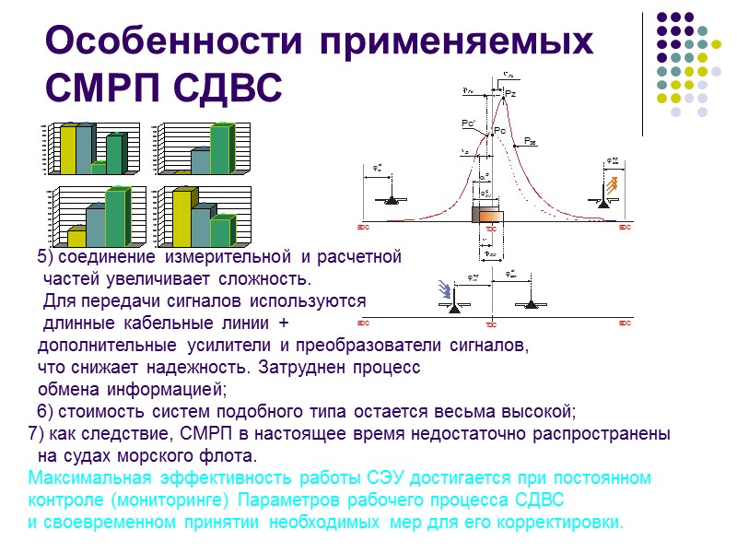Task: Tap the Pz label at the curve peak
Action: [x=510, y=94]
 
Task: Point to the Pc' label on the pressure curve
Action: [x=468, y=123]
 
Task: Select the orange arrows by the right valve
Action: [x=610, y=191]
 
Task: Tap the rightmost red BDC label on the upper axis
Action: [x=625, y=227]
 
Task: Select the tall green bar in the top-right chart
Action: [x=220, y=149]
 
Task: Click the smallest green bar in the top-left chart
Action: [x=99, y=168]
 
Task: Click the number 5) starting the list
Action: [x=46, y=255]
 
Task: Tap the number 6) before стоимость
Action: [x=46, y=411]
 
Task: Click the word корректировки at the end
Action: [x=571, y=523]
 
